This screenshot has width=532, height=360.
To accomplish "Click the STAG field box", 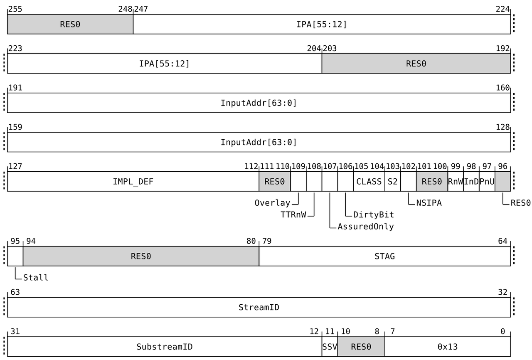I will click(384, 256).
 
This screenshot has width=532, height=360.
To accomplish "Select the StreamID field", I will click(259, 307).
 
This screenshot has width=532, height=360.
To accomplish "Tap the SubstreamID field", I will click(165, 347).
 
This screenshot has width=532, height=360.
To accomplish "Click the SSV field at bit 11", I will click(330, 347).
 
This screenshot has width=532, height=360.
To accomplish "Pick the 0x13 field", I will click(447, 347).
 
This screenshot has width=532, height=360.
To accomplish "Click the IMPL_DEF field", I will click(133, 181).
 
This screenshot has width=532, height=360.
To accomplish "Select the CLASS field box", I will click(369, 181).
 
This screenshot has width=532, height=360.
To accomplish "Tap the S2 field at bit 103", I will click(393, 181).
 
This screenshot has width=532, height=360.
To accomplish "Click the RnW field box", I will click(456, 181).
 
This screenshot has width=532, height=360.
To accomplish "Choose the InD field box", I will click(471, 181).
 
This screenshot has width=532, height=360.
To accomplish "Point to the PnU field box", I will click(487, 181).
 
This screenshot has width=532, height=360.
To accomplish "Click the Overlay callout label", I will click(272, 203).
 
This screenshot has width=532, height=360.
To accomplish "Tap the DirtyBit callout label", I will click(373, 215).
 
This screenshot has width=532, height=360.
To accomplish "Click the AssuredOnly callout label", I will click(365, 227).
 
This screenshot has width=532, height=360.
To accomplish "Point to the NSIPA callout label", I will click(429, 203).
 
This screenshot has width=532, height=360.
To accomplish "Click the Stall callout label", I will click(35, 277).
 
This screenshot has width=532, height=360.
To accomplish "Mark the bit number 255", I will click(15, 9).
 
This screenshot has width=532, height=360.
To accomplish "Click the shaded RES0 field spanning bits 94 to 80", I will click(141, 256).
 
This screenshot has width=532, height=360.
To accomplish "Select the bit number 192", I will click(502, 49).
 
